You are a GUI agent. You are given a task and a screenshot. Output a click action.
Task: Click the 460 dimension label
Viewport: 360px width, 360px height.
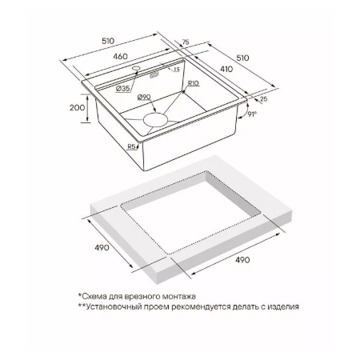pyautogui.click(x=120, y=57)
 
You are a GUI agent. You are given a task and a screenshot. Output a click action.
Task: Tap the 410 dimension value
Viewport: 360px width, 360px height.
pyautogui.click(x=226, y=69)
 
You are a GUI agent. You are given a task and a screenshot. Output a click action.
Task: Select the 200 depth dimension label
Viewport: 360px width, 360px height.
pyautogui.click(x=77, y=108)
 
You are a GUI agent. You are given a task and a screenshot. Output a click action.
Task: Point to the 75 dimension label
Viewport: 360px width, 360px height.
pyautogui.click(x=186, y=42)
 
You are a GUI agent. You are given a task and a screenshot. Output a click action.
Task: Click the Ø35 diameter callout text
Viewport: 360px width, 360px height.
pyautogui.click(x=123, y=88)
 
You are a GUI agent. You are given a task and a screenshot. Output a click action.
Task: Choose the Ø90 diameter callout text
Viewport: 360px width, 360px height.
pyautogui.click(x=144, y=97)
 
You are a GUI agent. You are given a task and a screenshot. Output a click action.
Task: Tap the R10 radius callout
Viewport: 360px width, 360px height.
pyautogui.click(x=194, y=83)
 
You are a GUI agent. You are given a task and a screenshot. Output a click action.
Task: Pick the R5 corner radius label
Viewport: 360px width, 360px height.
pyautogui.click(x=131, y=146)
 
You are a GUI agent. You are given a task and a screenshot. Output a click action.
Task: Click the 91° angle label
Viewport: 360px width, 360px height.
pyautogui.click(x=252, y=114)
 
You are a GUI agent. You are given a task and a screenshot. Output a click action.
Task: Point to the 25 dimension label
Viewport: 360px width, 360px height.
pyautogui.click(x=263, y=99)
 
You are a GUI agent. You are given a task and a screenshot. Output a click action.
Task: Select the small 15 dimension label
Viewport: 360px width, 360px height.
pyautogui.click(x=177, y=70)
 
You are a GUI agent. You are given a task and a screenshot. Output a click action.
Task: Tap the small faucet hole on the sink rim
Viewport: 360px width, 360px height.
pyautogui.click(x=136, y=68)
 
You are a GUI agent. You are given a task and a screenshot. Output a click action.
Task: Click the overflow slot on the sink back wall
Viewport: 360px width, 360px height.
pyautogui.click(x=154, y=75)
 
